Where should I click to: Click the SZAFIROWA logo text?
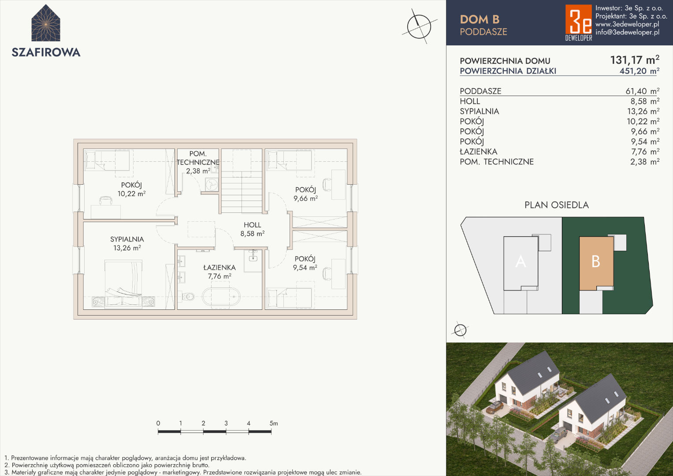click(46, 52)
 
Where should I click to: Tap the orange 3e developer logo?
click(578, 23)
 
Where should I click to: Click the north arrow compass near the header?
click(419, 26)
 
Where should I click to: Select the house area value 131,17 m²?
click(635, 60)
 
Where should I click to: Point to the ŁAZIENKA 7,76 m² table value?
click(645, 152)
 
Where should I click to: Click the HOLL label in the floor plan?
click(253, 225)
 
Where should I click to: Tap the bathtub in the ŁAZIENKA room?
click(221, 297)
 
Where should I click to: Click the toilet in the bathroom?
click(188, 297)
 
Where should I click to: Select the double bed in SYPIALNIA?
click(123, 284)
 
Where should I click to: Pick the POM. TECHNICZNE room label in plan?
click(198, 162)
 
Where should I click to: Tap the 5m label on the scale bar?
click(274, 424)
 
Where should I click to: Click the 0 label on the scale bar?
click(158, 424)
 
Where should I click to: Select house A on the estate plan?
click(521, 263)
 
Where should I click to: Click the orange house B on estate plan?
click(596, 263)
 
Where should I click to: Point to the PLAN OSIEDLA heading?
click(557, 205)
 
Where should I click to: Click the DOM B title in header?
click(480, 19)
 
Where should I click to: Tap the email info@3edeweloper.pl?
click(627, 32)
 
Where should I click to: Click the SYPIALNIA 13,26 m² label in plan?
click(127, 243)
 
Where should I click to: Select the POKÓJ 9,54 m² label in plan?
click(305, 263)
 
